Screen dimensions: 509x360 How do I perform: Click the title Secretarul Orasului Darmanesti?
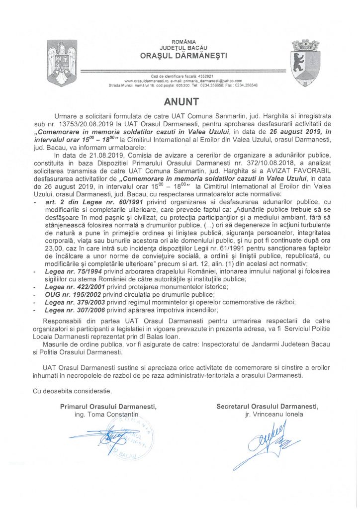tap(268, 406)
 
